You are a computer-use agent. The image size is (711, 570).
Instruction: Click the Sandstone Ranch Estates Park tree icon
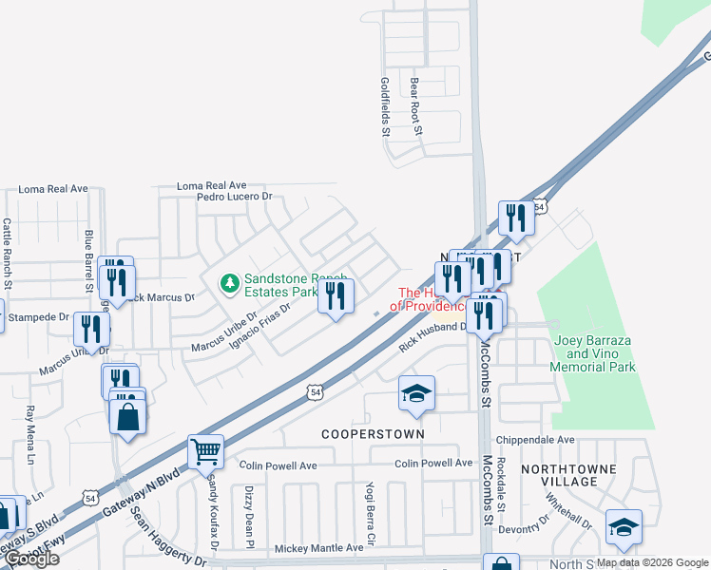tap(228, 283)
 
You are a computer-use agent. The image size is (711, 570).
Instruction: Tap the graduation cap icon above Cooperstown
tap(416, 393)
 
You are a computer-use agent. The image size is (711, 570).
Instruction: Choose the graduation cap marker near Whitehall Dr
tap(624, 527)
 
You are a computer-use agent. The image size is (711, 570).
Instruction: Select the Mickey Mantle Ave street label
tap(318, 548)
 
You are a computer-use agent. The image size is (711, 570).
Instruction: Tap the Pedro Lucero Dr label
tap(234, 197)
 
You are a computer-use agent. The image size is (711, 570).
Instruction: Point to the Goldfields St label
tap(386, 106)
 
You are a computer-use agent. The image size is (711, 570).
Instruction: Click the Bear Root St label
tap(415, 106)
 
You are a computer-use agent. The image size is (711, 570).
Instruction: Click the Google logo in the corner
tap(31, 559)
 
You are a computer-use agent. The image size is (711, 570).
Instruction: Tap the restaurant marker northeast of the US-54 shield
tap(516, 218)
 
